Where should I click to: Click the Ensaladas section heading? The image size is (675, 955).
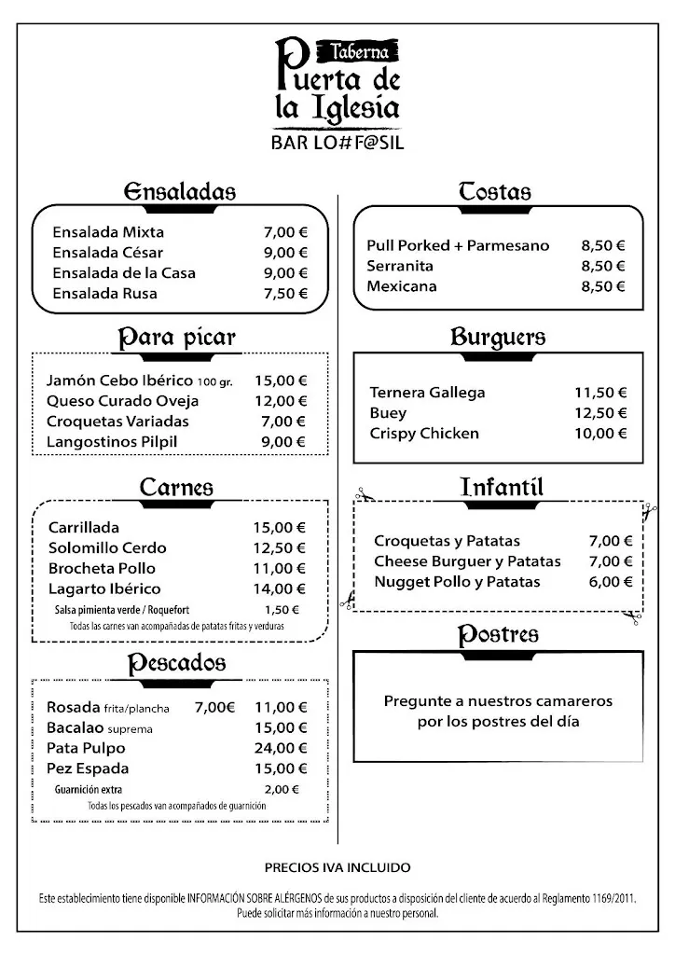[179, 192]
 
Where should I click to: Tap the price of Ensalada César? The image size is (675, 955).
[284, 253]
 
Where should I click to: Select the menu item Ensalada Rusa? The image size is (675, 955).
[105, 294]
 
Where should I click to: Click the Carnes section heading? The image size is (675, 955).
[176, 488]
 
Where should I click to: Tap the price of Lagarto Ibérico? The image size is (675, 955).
[280, 589]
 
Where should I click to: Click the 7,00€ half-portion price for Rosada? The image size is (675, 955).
[214, 708]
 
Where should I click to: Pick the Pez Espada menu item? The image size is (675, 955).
[88, 769]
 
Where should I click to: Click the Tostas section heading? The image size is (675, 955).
[494, 192]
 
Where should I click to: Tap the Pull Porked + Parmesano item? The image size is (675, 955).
[458, 246]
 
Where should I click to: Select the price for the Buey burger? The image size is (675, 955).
[600, 413]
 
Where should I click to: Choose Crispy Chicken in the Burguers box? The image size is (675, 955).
[424, 434]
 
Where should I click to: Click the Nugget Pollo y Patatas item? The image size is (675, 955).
[457, 582]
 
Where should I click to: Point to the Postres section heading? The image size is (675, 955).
[498, 636]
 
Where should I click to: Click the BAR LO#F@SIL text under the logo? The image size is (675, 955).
[337, 145]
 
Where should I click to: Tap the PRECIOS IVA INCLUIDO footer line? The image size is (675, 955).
[337, 867]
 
